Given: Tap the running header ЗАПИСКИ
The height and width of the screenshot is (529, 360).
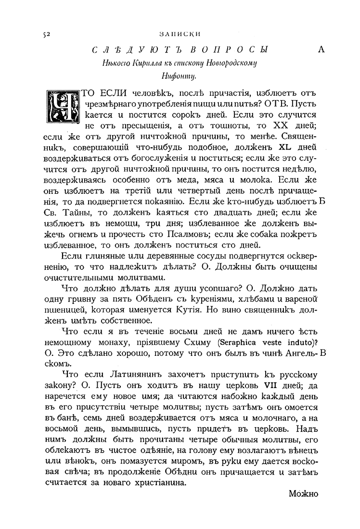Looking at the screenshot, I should (179, 34).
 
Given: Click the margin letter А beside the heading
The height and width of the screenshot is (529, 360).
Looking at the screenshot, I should (321, 50).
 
